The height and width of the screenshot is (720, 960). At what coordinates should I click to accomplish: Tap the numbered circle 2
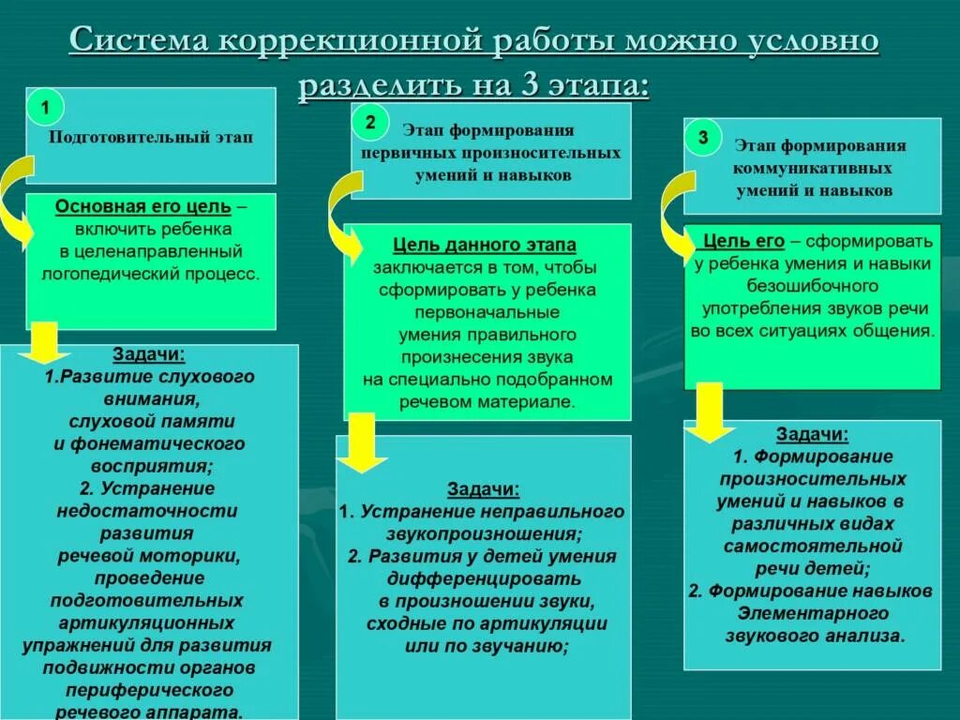tap(371, 122)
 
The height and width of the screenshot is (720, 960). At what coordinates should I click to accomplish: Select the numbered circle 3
tap(703, 138)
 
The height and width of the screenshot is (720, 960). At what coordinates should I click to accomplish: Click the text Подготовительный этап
tap(150, 138)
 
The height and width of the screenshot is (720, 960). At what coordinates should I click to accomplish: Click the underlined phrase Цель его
tap(737, 241)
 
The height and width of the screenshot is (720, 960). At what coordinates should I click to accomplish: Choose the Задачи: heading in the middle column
tap(483, 489)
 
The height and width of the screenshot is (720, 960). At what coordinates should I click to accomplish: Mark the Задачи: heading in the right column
tap(812, 434)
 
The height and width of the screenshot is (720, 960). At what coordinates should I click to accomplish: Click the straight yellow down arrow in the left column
tap(45, 343)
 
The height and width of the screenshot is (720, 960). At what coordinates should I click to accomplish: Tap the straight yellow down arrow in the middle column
tap(361, 442)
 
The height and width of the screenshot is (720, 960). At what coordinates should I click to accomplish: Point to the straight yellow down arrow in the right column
tap(709, 411)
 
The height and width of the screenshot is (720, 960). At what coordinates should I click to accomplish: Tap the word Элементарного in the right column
tap(812, 613)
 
